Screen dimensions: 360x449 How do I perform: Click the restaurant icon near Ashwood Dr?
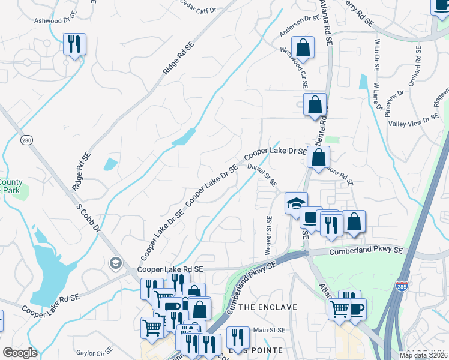(74, 44)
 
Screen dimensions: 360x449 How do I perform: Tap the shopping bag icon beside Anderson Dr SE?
(303, 47)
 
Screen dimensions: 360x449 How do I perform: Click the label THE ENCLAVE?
(268, 307)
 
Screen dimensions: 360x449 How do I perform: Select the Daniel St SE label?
(262, 175)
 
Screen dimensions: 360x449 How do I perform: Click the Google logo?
(20, 353)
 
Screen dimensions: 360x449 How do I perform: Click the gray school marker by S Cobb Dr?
(115, 262)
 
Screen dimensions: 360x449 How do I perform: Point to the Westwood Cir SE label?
(294, 65)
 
